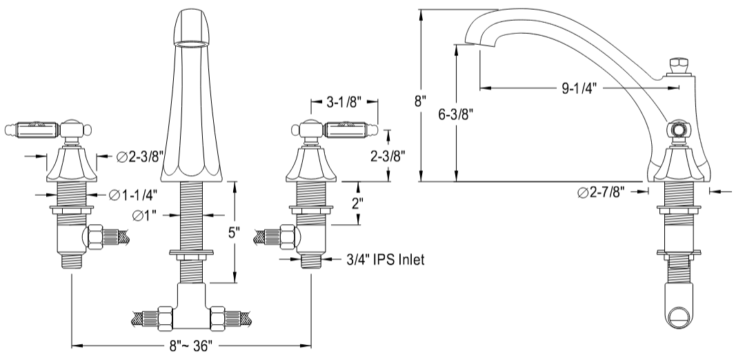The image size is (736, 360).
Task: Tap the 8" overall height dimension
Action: click(419, 101)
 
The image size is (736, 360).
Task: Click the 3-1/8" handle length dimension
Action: click(343, 106)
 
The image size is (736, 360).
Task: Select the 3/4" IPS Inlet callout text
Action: click(384, 259)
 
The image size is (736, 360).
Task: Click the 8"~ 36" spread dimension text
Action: click(192, 345)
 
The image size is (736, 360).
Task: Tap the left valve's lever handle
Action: click(30, 128)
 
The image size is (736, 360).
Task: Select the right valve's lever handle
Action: click(349, 128)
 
